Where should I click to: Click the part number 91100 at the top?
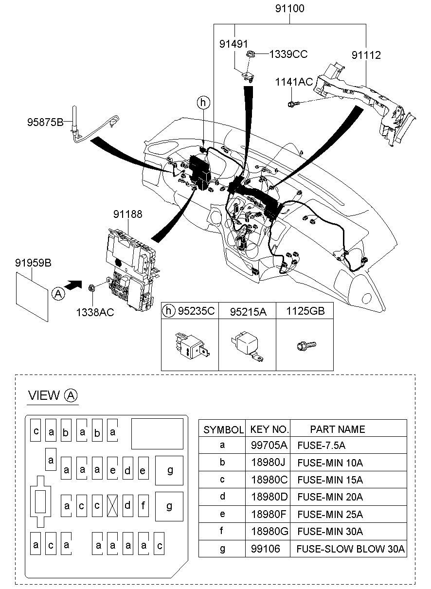[290, 8]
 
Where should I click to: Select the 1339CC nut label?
[288, 54]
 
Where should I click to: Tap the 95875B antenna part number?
[45, 122]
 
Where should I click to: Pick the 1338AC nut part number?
[95, 312]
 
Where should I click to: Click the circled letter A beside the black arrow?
[58, 293]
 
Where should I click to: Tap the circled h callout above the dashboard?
[203, 103]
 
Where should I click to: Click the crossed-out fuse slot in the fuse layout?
[113, 505]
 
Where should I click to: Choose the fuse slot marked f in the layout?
[143, 505]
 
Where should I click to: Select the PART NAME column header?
[337, 429]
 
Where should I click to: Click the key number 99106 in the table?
[265, 549]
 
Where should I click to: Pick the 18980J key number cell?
[269, 463]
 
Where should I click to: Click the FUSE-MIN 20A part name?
[330, 497]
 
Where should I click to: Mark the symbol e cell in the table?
[222, 514]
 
